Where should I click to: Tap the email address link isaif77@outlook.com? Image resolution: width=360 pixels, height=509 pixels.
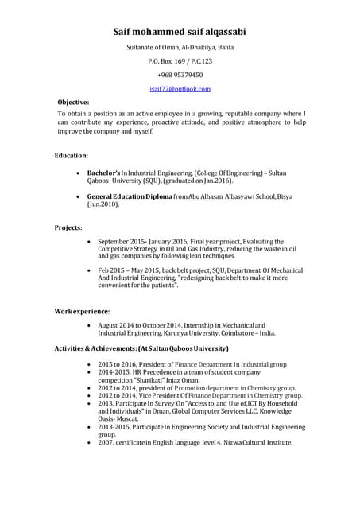click(x=180, y=89)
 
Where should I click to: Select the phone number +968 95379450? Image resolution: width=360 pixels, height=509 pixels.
click(x=180, y=75)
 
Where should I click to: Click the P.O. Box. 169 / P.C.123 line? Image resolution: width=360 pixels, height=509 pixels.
click(x=180, y=61)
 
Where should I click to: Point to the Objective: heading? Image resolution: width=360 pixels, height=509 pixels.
click(x=74, y=103)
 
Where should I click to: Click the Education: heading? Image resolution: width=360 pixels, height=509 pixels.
click(x=72, y=155)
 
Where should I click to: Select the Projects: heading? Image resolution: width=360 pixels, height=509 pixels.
click(x=68, y=228)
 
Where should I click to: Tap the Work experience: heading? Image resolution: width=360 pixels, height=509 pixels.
click(x=83, y=310)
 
